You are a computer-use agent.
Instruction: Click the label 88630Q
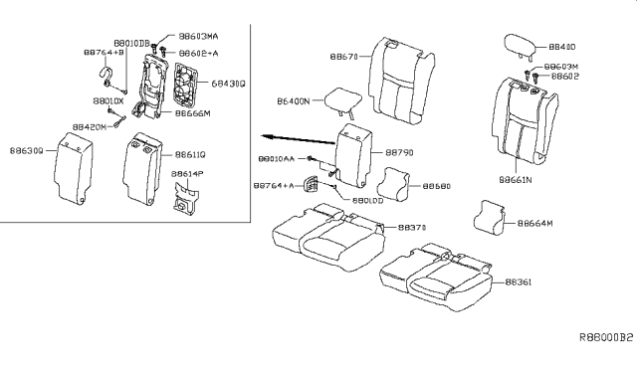24,150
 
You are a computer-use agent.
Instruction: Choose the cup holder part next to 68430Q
184,84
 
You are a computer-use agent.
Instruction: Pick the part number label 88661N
516,180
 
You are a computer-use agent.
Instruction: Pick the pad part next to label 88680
394,185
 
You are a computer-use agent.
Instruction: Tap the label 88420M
91,128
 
